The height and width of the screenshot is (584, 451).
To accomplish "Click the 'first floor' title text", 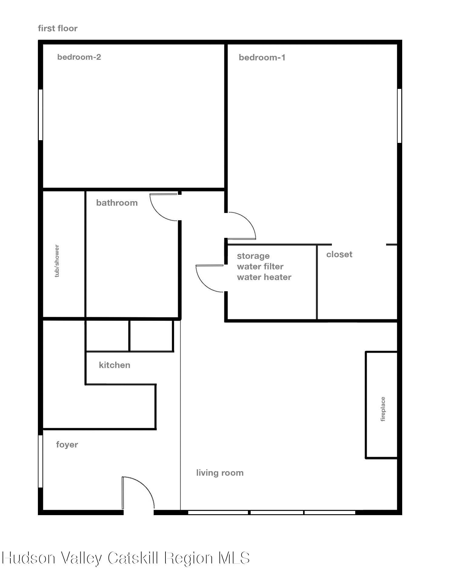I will [x=58, y=29].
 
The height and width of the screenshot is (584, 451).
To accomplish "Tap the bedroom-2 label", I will [x=79, y=57].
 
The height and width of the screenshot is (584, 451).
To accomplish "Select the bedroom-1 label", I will [x=262, y=58].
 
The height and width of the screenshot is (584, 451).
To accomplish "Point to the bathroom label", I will [x=117, y=203].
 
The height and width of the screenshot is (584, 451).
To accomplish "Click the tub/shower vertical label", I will [x=57, y=261].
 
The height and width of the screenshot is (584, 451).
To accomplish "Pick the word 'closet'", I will [x=339, y=254].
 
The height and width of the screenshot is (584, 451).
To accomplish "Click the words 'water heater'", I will [x=264, y=277].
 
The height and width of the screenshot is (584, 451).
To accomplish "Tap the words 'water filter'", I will [x=260, y=266].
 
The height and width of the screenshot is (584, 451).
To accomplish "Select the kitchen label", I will [x=115, y=365].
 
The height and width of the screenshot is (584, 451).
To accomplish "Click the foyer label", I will [x=67, y=445].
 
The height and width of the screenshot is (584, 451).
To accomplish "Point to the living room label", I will [x=220, y=473].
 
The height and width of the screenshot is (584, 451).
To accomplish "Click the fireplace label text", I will [x=383, y=409].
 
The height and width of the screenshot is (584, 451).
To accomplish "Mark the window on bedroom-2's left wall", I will [x=40, y=115].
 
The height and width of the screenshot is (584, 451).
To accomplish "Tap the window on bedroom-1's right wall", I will [x=399, y=115].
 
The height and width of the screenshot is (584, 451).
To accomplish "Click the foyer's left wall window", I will [x=40, y=461].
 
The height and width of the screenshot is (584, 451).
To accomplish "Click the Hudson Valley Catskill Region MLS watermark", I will [x=125, y=558].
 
